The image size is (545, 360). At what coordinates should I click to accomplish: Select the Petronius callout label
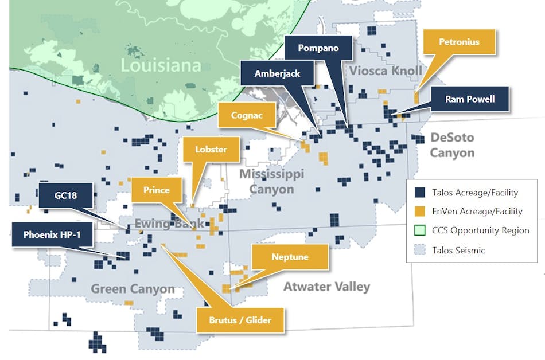tap(459, 42)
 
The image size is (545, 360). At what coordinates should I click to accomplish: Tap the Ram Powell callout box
tap(469, 99)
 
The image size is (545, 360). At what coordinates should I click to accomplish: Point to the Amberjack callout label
tap(278, 73)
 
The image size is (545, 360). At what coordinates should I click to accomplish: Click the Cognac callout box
tap(247, 115)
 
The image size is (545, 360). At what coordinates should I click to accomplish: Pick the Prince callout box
tap(156, 190)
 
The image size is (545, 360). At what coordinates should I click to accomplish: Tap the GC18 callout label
tap(67, 195)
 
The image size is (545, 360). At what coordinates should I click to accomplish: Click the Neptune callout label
tap(290, 257)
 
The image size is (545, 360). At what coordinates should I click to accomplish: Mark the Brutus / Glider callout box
tap(240, 320)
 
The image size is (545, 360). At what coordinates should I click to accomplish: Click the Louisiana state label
tap(161, 65)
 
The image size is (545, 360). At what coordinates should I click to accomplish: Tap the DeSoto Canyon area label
tap(452, 146)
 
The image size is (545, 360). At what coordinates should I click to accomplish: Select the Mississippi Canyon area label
tap(271, 181)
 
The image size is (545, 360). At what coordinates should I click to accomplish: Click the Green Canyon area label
tap(133, 288)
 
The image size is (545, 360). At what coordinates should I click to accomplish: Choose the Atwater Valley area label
tap(326, 287)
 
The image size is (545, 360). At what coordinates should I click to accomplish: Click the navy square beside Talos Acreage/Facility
tap(420, 192)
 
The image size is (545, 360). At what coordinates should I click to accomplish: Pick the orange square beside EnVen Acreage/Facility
tap(420, 212)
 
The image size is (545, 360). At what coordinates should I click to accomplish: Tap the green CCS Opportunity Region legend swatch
tap(420, 230)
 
